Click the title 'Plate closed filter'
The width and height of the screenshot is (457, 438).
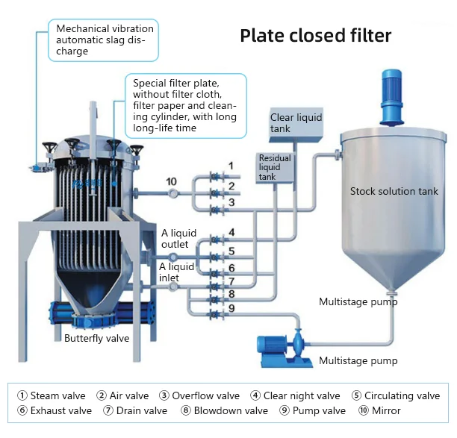pyautogui.click(x=315, y=36)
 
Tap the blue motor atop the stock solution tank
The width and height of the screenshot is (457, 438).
pyautogui.click(x=391, y=98)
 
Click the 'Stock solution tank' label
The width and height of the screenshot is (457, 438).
pyautogui.click(x=394, y=191)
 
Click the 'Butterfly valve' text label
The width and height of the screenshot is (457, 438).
pyautogui.click(x=96, y=338)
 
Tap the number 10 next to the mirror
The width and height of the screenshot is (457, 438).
pyautogui.click(x=171, y=181)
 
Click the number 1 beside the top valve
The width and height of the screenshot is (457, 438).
pyautogui.click(x=231, y=165)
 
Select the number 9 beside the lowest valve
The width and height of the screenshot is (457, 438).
pyautogui.click(x=231, y=307)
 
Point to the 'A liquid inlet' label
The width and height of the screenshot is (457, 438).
pyautogui.click(x=178, y=272)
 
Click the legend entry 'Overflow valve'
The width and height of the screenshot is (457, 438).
pyautogui.click(x=199, y=395)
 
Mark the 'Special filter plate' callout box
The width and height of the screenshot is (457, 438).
pyautogui.click(x=184, y=105)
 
